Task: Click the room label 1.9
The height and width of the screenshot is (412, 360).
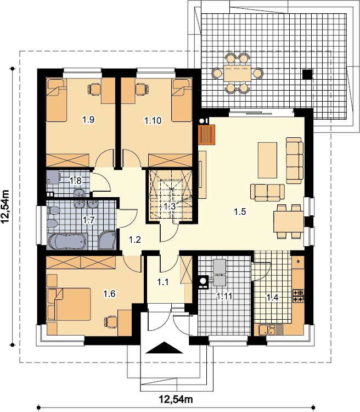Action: (x=88, y=120)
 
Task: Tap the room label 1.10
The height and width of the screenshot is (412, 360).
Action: (x=153, y=121)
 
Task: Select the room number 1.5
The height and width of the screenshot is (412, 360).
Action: (x=240, y=211)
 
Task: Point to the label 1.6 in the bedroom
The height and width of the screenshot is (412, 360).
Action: (x=109, y=293)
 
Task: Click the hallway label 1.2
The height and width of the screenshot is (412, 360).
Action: (x=135, y=240)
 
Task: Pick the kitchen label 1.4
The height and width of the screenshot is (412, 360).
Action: (x=273, y=297)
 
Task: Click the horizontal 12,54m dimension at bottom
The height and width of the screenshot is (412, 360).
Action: (x=176, y=399)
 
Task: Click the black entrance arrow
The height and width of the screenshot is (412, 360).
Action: (x=165, y=348)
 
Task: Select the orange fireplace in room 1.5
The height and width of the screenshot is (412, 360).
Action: (x=207, y=135)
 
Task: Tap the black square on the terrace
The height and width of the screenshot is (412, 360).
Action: (x=307, y=74)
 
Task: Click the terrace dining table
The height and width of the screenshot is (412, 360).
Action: (x=238, y=73)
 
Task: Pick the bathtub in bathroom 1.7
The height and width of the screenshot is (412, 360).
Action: (x=67, y=242)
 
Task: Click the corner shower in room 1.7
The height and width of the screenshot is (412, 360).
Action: (x=107, y=240)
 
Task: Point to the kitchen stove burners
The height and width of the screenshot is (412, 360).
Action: (x=299, y=296)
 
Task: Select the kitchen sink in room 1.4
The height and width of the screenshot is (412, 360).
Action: (x=267, y=330)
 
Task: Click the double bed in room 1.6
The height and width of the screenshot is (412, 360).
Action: (x=69, y=304)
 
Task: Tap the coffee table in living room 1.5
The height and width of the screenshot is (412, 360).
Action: (x=268, y=160)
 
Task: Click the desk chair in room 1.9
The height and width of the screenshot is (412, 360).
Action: (x=94, y=89)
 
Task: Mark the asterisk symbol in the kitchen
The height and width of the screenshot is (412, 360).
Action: (x=299, y=261)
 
